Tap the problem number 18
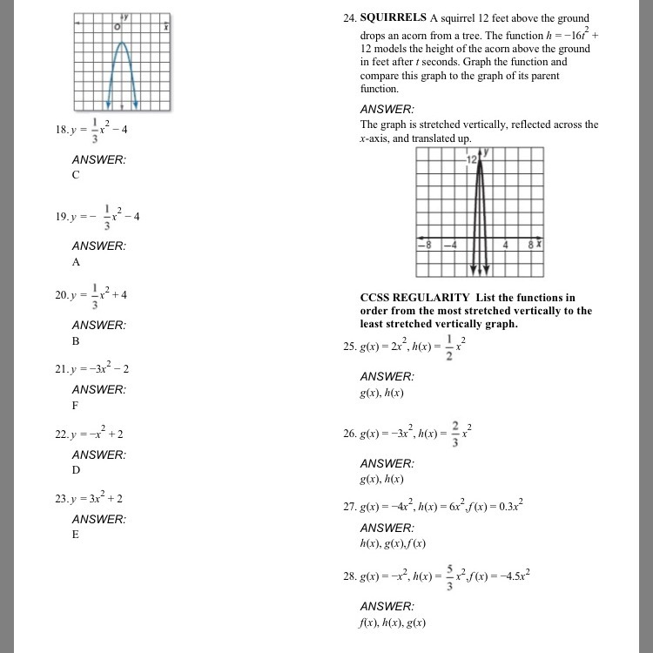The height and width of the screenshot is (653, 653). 60,130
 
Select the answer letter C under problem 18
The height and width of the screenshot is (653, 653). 76,175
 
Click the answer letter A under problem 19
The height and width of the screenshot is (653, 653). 76,261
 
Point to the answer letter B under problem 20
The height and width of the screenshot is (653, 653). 76,340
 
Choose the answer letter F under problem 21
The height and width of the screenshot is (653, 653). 75,405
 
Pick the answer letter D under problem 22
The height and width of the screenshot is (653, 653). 76,470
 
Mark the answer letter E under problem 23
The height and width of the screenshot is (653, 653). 75,535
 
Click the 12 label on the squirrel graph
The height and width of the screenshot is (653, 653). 471,160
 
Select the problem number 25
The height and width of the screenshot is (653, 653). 351,347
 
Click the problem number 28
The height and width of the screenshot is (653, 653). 351,577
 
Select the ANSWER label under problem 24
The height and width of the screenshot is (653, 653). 387,109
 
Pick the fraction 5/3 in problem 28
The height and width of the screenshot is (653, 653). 449,578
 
